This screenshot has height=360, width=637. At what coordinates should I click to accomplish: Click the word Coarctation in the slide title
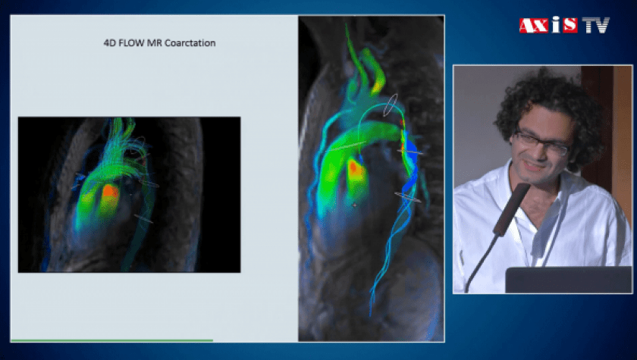190,43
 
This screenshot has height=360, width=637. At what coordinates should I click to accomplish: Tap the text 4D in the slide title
110,43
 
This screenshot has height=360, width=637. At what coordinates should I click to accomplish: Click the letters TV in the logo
595,25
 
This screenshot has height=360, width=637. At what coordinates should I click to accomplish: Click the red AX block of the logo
534,26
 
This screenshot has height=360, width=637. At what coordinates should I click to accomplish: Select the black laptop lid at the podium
569,280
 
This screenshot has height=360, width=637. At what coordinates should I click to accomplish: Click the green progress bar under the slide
111,340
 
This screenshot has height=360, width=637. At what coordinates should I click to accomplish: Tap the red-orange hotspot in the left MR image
110,193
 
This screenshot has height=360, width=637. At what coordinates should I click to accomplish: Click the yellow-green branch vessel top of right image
376,72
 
